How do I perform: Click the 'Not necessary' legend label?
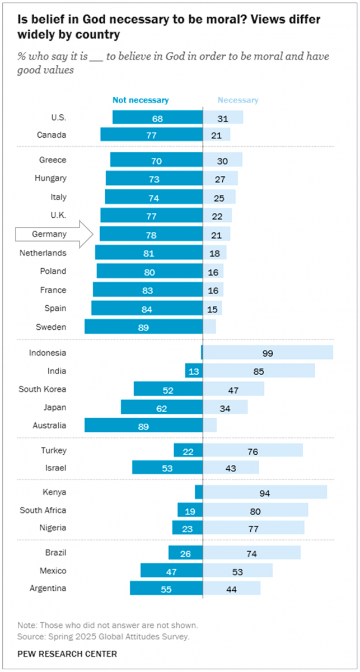140,100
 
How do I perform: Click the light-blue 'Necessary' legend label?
238,100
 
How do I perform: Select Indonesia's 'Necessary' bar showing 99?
268,353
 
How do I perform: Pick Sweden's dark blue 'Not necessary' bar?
143,327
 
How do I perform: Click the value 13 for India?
194,371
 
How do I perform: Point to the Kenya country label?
54,492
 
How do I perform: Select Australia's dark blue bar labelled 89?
143,425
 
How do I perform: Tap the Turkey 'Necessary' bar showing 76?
253,450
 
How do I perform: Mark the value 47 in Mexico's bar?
171,571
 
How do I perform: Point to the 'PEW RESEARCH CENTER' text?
67,654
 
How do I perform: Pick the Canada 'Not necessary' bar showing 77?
151,135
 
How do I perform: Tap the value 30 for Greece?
222,161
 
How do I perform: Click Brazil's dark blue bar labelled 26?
185,553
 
